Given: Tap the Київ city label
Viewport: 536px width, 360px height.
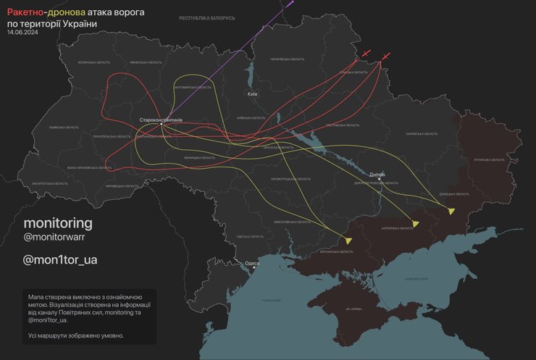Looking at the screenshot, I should (252, 94).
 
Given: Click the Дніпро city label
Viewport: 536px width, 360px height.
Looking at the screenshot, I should (376, 174).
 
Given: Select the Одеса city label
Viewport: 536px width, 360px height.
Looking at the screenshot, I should (252, 263).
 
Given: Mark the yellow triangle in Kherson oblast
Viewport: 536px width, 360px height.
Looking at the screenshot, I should (348, 240).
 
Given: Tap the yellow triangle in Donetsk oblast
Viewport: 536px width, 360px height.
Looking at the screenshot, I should (451, 211).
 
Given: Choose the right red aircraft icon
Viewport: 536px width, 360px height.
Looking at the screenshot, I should (388, 55).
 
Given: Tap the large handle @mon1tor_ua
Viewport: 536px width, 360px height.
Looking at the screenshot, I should (60, 260).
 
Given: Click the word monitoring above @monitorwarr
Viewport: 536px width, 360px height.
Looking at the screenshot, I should (58, 222).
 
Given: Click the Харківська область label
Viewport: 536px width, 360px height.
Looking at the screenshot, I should (422, 134).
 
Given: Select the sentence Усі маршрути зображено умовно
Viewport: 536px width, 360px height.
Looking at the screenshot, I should (76, 335).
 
